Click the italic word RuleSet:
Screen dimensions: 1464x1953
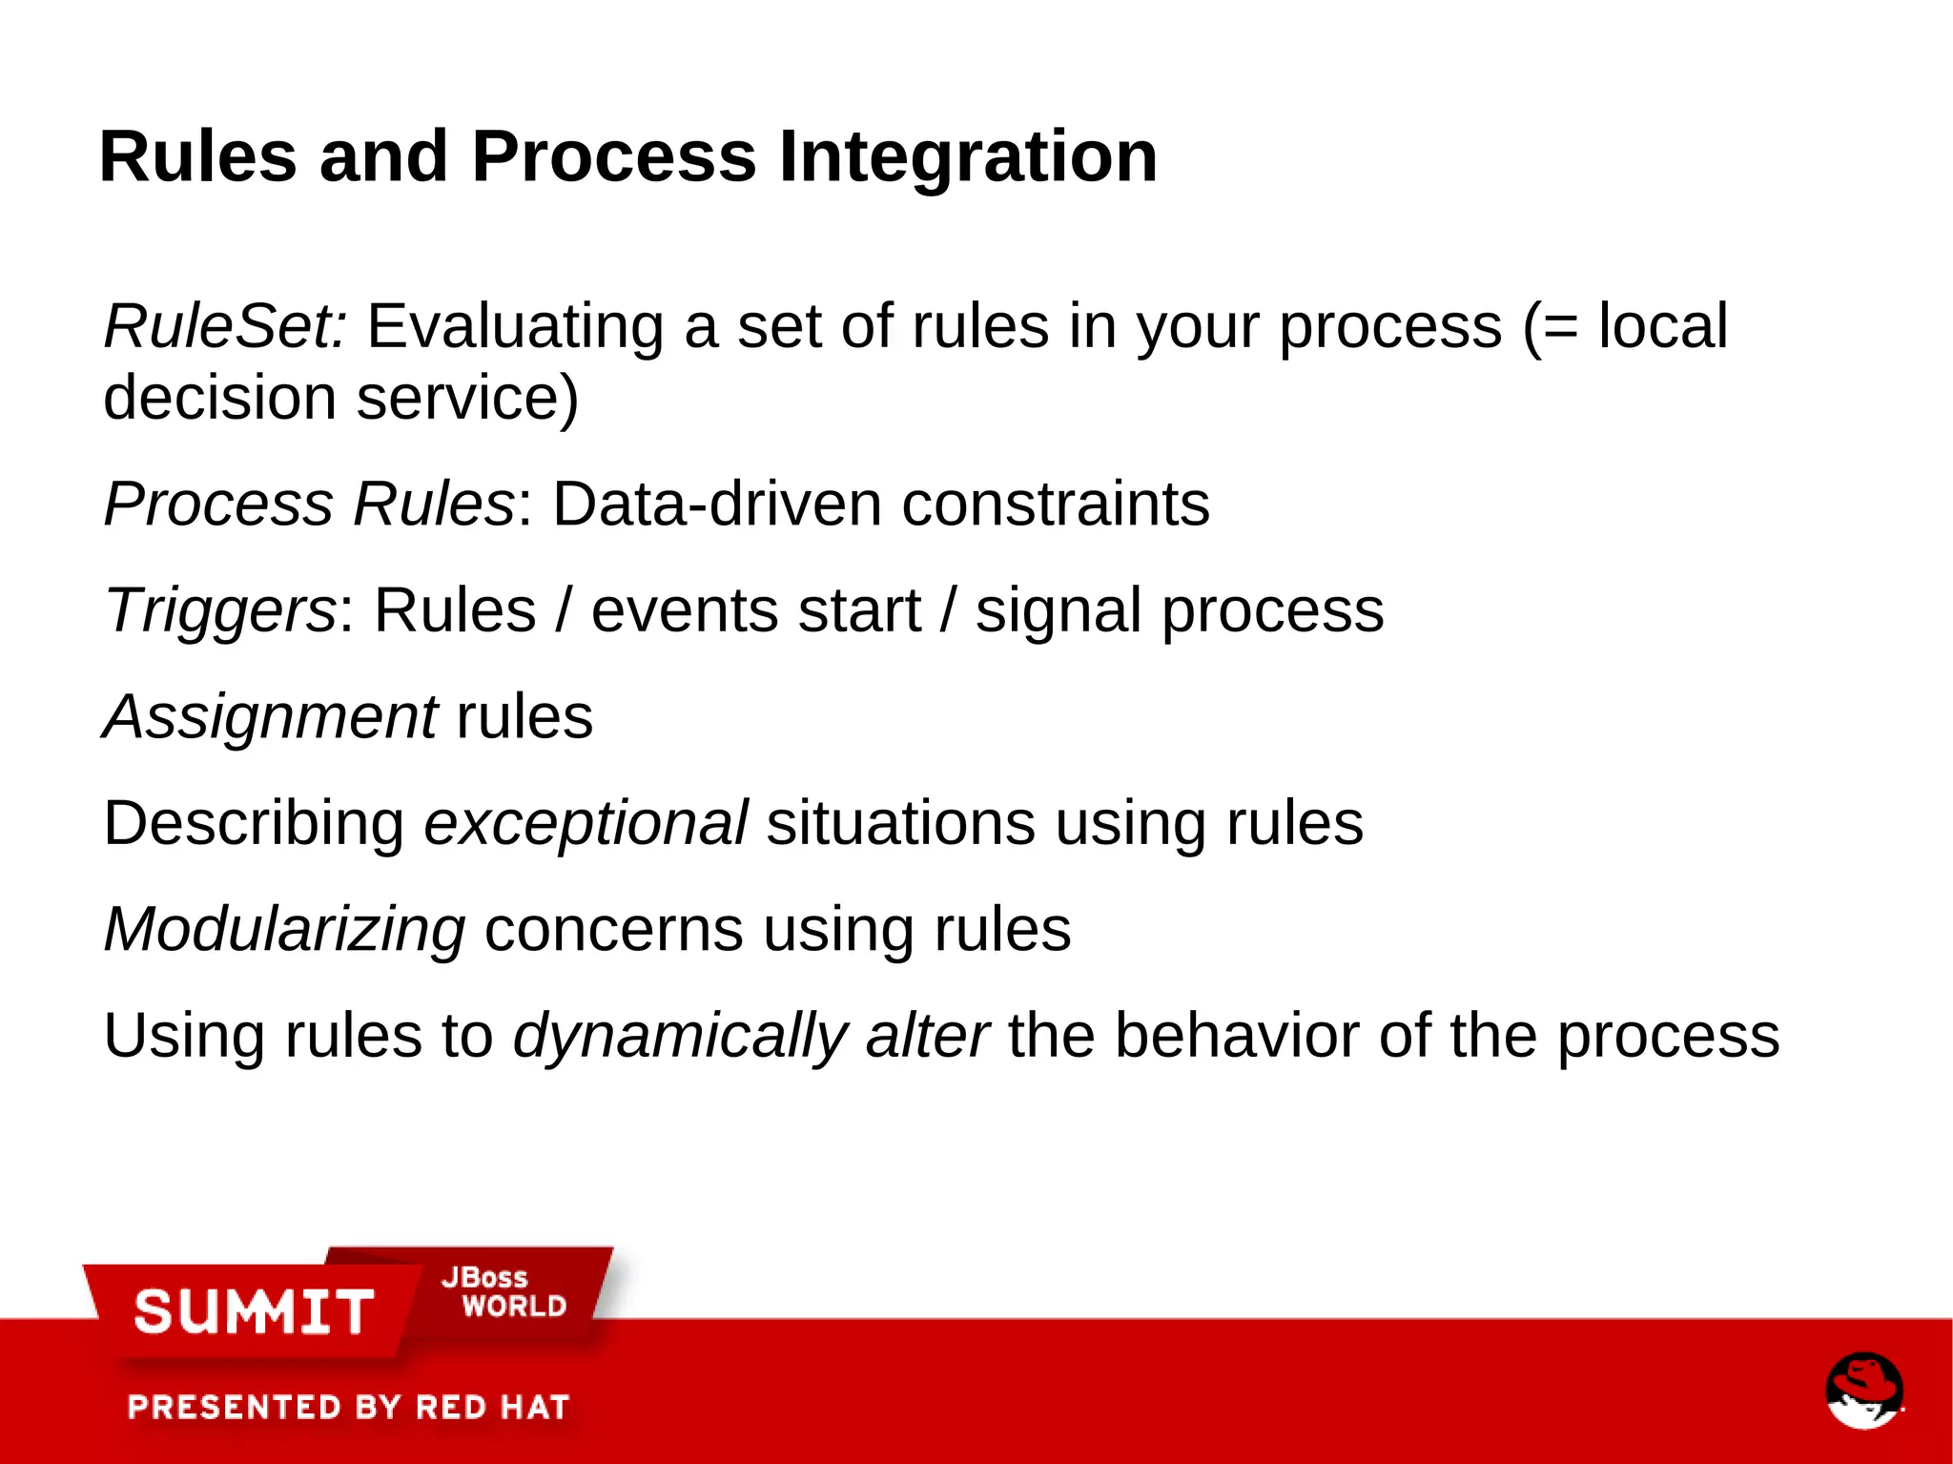pyautogui.click(x=225, y=326)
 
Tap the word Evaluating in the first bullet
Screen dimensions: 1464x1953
pyautogui.click(x=515, y=326)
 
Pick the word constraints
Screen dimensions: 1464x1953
pyautogui.click(x=1056, y=504)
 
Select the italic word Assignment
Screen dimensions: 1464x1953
pyautogui.click(x=271, y=717)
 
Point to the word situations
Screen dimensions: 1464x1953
pyautogui.click(x=900, y=823)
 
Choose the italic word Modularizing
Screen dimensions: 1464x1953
pyautogui.click(x=284, y=930)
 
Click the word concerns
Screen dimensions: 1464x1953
pyautogui.click(x=613, y=930)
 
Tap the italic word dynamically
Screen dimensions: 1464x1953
pyautogui.click(x=680, y=1037)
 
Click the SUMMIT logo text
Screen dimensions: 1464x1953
pyautogui.click(x=254, y=1311)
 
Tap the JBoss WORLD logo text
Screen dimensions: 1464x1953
pyautogui.click(x=504, y=1293)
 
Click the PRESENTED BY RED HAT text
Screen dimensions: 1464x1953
pyautogui.click(x=348, y=1407)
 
